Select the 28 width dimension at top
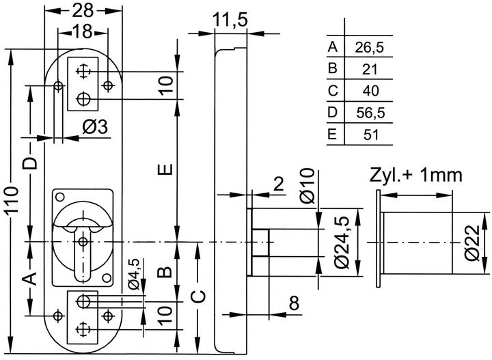tap(83, 10)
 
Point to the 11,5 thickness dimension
tap(230, 20)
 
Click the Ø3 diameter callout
tap(95, 127)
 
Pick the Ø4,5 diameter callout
tap(134, 274)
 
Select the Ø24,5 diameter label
tap(342, 243)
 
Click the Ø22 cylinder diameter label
tap(473, 243)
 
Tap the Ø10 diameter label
tap(307, 186)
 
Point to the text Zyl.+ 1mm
tap(416, 176)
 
